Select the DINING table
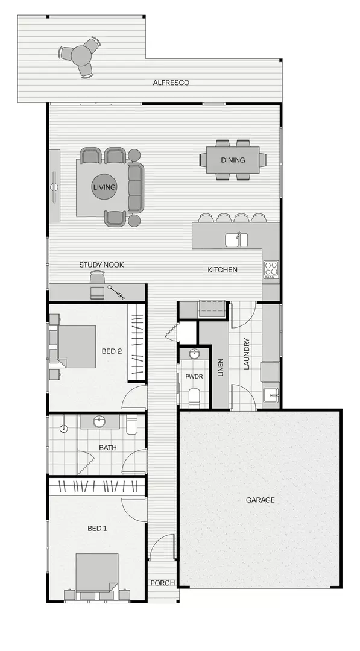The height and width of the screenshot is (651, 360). click(233, 160)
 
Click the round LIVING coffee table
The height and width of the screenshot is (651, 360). click(104, 187)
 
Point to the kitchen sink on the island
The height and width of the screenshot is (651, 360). click(236, 240)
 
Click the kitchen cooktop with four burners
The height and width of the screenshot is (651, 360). click(271, 268)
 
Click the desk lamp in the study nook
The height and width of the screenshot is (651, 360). click(116, 292)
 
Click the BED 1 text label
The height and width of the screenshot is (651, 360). click(97, 529)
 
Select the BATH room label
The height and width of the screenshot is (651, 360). click(108, 448)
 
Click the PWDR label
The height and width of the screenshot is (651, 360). click(194, 376)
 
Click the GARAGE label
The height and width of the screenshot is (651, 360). click(260, 500)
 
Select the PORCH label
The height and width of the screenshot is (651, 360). click(162, 583)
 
